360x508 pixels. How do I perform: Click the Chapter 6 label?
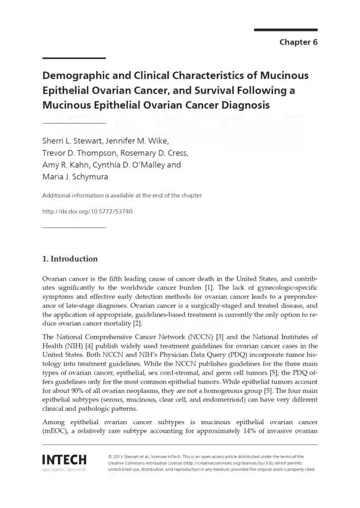coord(298,42)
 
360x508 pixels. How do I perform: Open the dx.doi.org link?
coord(87,211)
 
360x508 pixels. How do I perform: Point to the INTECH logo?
coord(65,460)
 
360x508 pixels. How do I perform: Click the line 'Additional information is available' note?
coord(122,195)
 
